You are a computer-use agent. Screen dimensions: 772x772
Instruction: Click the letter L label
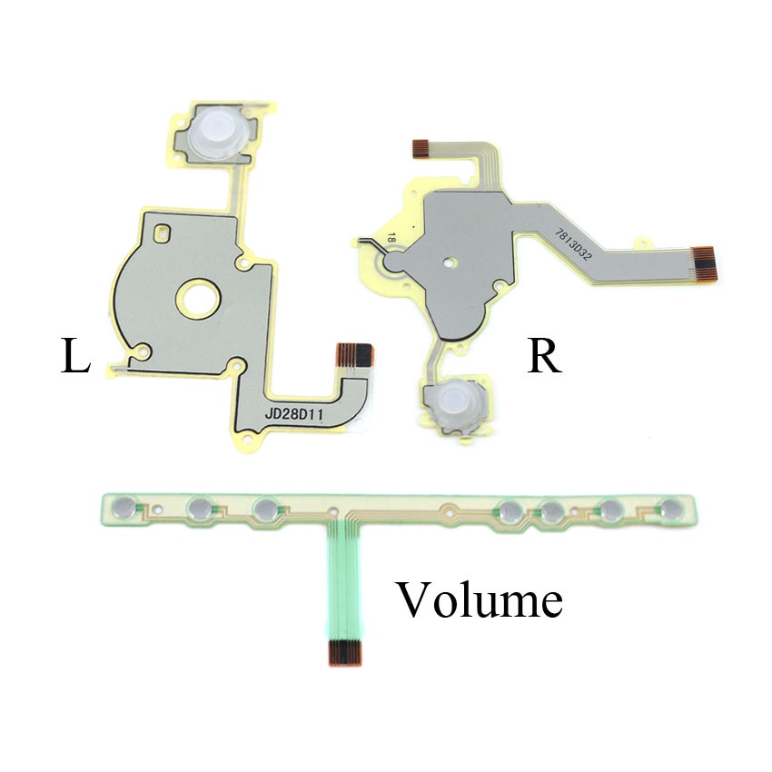point(75,355)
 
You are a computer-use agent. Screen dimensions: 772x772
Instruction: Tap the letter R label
point(544,355)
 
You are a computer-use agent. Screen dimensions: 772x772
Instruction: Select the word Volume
point(480,599)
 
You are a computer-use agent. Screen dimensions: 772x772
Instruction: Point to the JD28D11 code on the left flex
point(294,414)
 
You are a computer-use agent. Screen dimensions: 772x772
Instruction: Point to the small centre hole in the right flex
point(448,262)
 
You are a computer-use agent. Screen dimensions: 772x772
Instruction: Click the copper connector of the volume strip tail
point(345,651)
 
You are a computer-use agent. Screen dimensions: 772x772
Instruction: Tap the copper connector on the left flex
point(354,355)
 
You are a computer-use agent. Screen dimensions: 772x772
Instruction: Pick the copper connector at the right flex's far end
point(703,264)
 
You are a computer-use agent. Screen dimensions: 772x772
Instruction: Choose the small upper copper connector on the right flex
point(421,149)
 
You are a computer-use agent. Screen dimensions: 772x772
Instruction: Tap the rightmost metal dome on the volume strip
point(671,510)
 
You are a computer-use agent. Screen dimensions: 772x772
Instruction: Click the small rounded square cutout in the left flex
point(162,233)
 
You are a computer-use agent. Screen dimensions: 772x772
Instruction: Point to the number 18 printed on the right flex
point(391,239)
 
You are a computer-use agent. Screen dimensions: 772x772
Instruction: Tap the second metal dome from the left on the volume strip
point(200,508)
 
